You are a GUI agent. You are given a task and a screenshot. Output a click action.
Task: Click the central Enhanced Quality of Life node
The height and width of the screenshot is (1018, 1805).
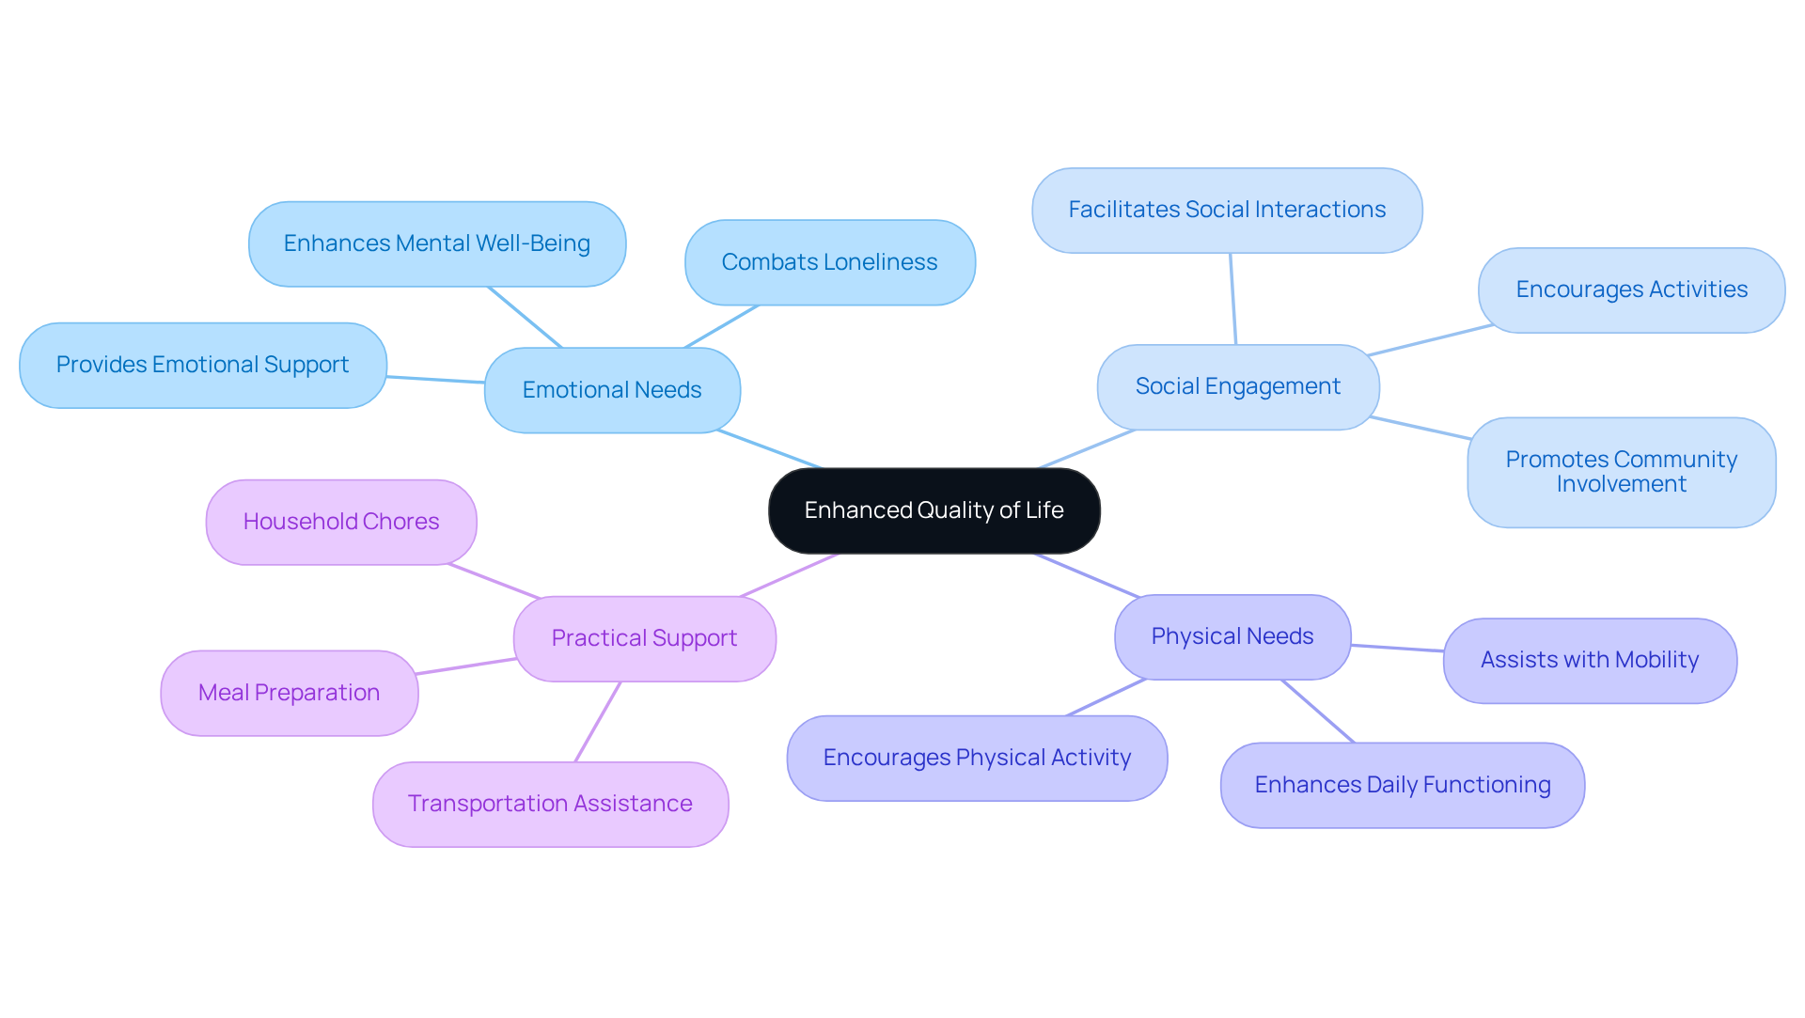pos(934,510)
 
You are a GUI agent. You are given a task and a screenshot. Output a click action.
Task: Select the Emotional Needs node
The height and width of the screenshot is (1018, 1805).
pos(612,390)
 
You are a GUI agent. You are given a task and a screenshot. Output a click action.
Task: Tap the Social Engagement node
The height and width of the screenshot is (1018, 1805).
pos(1237,386)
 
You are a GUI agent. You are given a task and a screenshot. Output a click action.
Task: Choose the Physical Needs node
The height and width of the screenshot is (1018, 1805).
pos(1232,636)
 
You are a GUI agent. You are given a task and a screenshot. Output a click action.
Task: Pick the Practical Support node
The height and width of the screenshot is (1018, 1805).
pos(644,638)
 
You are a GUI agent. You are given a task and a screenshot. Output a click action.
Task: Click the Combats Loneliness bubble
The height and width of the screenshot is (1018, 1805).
pos(829,262)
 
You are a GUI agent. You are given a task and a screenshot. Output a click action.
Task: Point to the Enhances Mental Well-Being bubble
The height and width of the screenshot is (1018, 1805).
pos(436,243)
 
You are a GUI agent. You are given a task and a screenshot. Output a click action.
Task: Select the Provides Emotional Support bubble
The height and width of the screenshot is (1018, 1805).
pos(202,365)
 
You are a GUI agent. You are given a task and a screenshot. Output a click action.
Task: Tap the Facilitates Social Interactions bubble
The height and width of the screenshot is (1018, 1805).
pos(1226,210)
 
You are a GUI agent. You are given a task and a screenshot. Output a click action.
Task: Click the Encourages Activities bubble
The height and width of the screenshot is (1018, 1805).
pos(1631,290)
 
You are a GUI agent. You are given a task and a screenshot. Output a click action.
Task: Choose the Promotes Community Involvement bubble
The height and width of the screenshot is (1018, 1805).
pos(1621,472)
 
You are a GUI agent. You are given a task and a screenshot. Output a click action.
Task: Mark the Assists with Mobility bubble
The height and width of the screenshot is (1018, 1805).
pos(1589,660)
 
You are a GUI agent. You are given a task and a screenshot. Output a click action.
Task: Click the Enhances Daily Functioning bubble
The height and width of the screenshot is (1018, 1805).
pos(1402,785)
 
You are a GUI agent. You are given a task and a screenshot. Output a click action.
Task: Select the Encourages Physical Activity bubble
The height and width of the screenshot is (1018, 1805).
pos(977,758)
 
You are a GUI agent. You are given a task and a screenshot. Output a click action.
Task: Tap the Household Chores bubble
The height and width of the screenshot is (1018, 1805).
pos(340,522)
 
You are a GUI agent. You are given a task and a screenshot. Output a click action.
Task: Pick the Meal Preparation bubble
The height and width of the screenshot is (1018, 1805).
pos(289,693)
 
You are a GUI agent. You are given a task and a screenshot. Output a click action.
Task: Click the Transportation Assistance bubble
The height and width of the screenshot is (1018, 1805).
pos(550,804)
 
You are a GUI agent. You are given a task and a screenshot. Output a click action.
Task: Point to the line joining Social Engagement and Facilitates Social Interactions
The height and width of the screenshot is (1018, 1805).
pos(1232,299)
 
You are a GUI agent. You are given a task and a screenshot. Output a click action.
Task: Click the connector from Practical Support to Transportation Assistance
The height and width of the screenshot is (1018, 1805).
pos(598,721)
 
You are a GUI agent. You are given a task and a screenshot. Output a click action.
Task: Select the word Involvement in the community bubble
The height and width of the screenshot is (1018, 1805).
pos(1621,485)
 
